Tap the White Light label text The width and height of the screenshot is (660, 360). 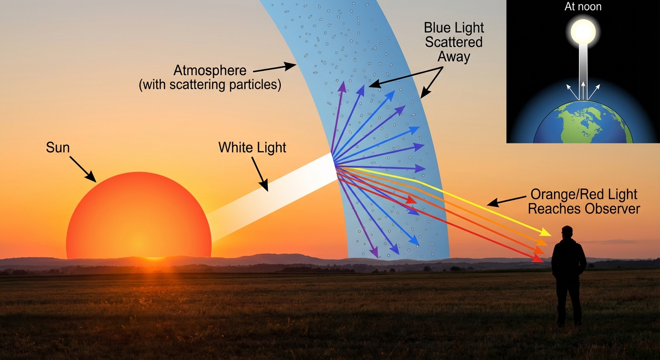(252, 148)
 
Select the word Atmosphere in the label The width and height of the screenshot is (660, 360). (210, 71)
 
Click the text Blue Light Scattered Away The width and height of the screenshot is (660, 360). (453, 42)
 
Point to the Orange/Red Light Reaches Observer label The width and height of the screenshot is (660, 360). (584, 201)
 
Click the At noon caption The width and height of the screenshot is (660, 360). (583, 7)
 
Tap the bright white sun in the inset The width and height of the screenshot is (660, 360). (583, 32)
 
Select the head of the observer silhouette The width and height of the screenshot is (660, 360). (567, 232)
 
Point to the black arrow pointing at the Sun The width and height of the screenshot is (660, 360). (83, 169)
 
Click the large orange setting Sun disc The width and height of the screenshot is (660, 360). (139, 216)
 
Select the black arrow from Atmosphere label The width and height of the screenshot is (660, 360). (275, 68)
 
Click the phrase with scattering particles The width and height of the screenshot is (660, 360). (210, 86)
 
